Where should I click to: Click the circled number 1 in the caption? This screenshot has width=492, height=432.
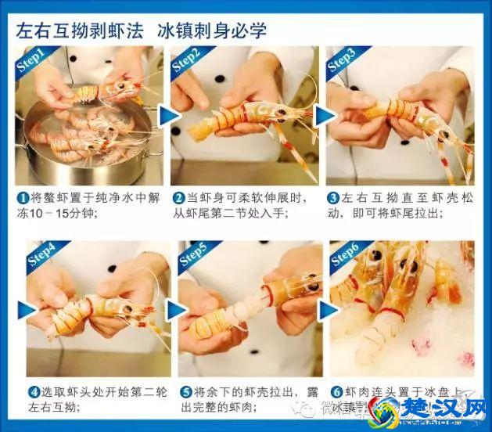[23, 196]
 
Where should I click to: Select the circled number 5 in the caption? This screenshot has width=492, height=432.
[185, 391]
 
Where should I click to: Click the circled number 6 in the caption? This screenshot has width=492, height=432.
[336, 391]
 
